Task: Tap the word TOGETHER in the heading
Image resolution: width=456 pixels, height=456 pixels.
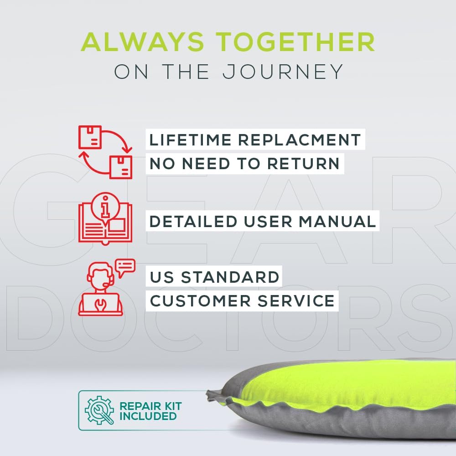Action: click(x=295, y=42)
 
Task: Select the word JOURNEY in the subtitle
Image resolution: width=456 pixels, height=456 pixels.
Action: click(x=283, y=72)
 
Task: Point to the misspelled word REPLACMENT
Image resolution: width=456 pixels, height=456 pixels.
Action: click(x=300, y=140)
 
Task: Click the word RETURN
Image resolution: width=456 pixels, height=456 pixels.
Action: click(x=303, y=163)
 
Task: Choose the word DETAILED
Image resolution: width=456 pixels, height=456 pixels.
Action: click(x=193, y=221)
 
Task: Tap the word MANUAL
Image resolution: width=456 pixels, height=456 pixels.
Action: click(x=337, y=221)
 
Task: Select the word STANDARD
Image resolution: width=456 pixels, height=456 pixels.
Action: click(x=230, y=277)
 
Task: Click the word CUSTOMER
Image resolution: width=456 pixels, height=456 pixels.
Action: click(x=200, y=301)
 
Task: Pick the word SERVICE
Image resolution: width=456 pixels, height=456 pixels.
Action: click(x=296, y=301)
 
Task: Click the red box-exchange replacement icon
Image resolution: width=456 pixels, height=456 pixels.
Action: click(x=105, y=152)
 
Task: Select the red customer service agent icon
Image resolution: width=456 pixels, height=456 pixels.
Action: click(x=100, y=289)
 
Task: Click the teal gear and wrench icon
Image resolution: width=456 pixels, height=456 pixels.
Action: click(x=99, y=410)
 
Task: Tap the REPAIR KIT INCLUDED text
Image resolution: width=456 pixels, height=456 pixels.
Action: click(x=150, y=411)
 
